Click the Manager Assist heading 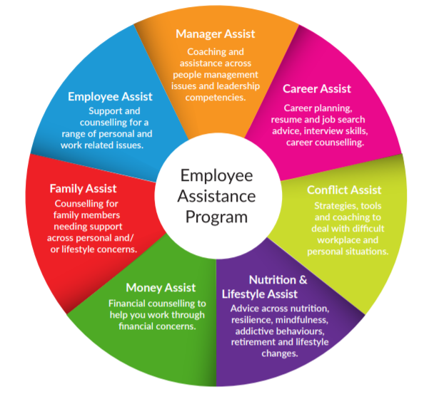click(x=215, y=34)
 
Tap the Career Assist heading click(x=317, y=88)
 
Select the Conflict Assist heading click(x=344, y=190)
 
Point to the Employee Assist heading click(x=110, y=97)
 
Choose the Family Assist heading click(x=83, y=189)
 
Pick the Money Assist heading click(x=161, y=288)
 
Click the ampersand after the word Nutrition click(x=303, y=280)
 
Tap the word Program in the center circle click(x=216, y=217)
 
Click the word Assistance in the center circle click(x=216, y=196)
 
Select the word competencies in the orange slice click(x=216, y=98)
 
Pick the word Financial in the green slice click(x=126, y=304)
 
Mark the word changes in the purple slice click(x=280, y=353)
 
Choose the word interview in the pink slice click(x=321, y=130)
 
